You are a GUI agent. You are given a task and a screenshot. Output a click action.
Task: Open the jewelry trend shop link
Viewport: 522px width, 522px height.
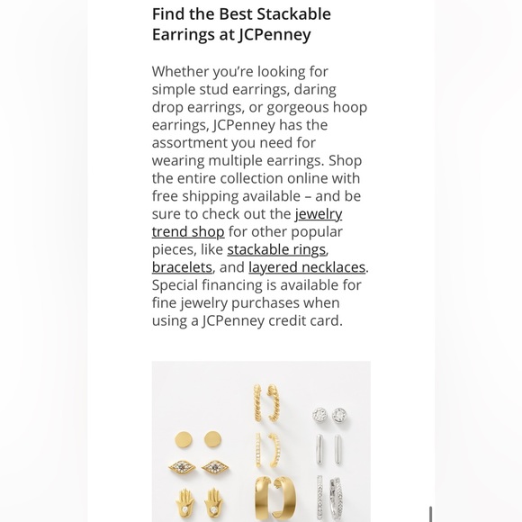coord(318,214)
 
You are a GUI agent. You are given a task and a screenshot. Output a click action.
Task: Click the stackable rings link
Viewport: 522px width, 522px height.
coord(276,249)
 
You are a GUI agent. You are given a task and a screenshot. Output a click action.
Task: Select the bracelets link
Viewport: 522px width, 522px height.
coord(182,267)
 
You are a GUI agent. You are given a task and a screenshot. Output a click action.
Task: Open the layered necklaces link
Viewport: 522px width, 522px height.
coord(307,267)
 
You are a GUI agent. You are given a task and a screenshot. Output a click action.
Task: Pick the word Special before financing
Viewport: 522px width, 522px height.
coord(177,285)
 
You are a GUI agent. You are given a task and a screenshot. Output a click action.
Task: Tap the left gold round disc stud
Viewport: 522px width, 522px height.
coord(184,439)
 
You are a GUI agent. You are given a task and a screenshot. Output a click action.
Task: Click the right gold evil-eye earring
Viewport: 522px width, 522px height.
coord(214,468)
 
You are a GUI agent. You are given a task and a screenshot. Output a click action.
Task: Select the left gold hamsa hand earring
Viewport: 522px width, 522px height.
coord(184,500)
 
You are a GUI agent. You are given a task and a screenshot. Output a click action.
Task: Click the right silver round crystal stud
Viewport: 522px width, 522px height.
coord(339,415)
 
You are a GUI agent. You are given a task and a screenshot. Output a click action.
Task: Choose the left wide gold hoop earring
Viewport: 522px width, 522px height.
coord(262,497)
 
